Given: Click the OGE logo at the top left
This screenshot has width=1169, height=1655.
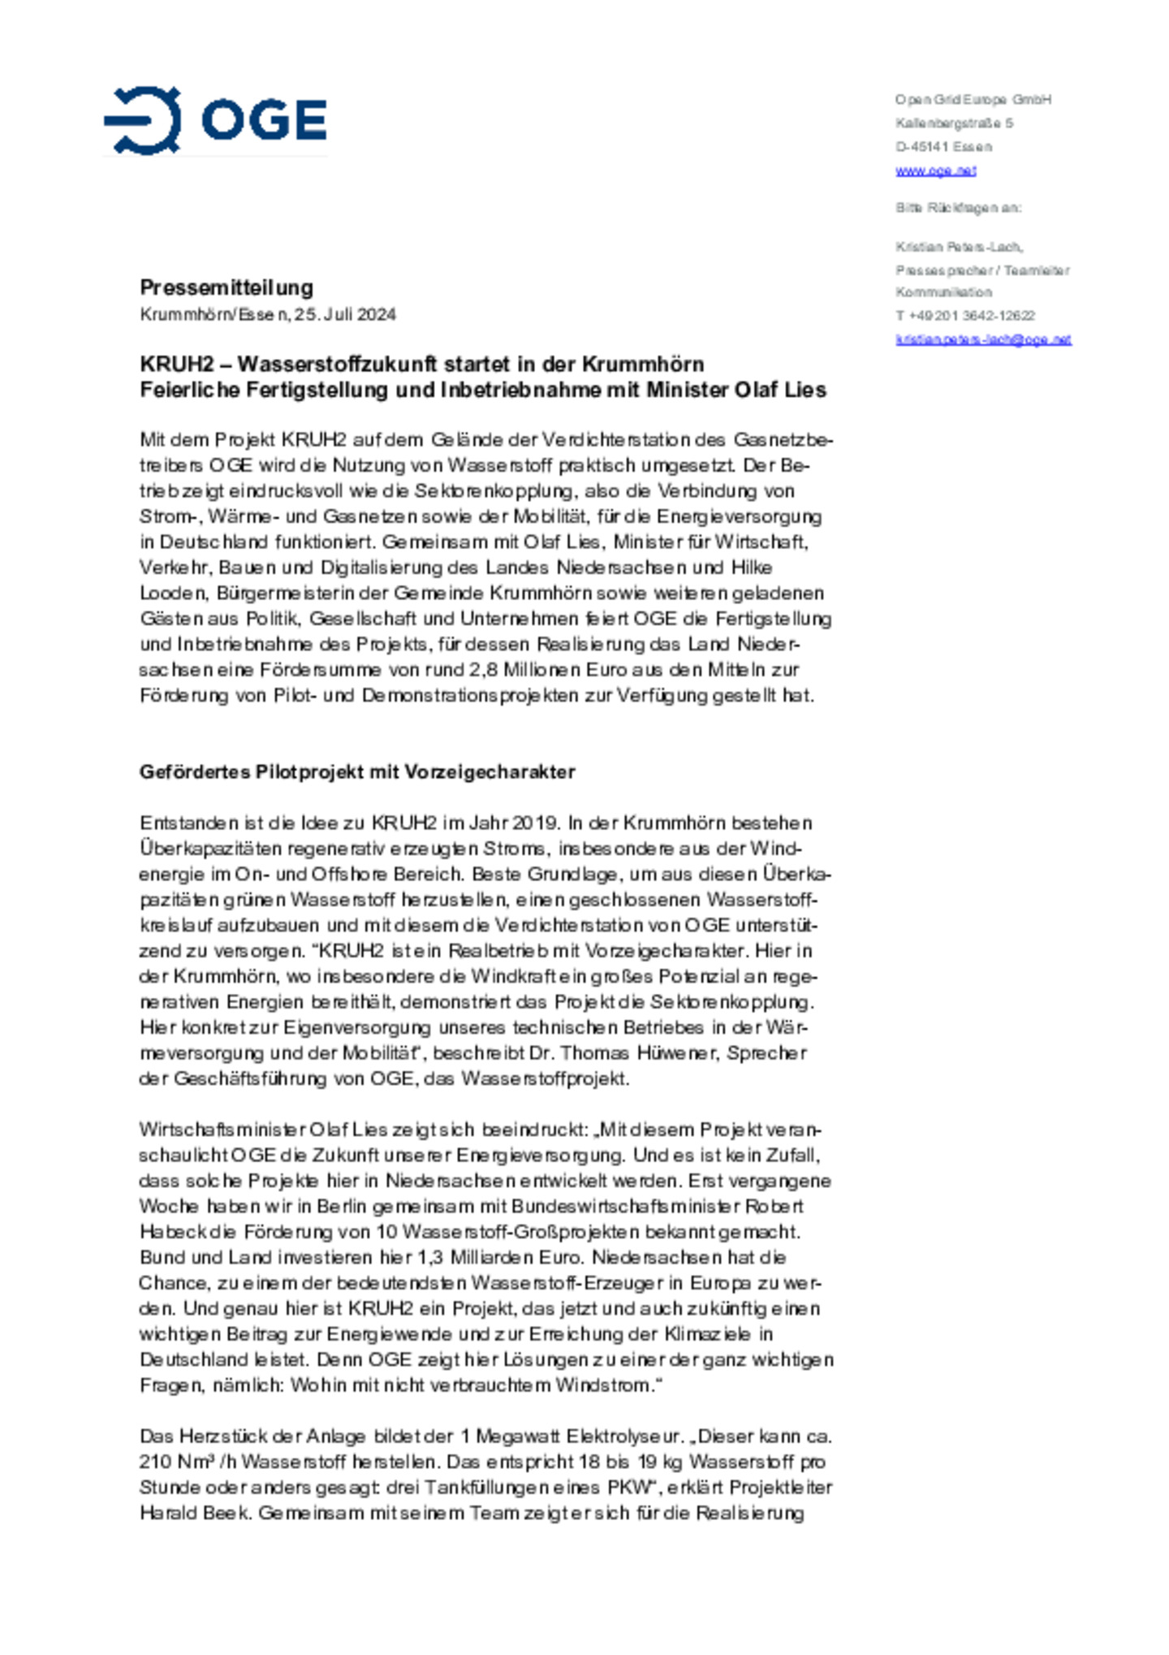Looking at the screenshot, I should pos(216,120).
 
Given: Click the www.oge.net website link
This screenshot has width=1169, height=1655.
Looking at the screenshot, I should pos(935,171).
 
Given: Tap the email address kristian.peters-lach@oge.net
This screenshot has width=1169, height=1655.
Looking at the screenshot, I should pos(983,339).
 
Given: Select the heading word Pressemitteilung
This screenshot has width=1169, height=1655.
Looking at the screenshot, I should pos(226,287).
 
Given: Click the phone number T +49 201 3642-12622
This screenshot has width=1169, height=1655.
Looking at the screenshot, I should pos(964,316).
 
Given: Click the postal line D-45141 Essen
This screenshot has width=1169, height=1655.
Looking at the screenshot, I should pos(943,147).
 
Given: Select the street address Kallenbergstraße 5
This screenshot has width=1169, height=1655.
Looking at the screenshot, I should pos(954,123).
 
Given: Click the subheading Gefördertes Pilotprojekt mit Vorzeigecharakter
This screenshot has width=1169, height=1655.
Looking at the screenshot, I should pos(357,771).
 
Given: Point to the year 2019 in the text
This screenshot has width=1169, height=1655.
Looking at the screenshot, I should pos(534,823).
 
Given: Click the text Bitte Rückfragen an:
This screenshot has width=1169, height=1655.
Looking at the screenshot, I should pos(958,208).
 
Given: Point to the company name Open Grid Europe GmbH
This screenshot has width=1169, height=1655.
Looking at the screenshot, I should pos(973,100).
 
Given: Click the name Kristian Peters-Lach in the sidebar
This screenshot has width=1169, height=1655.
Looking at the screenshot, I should pos(959,247).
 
